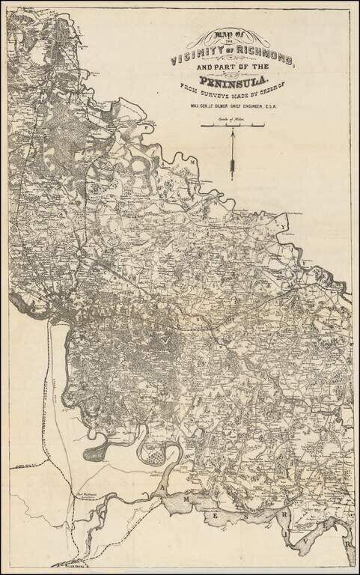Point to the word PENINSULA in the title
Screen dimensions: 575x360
[233, 83]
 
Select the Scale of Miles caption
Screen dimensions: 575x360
[233, 118]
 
